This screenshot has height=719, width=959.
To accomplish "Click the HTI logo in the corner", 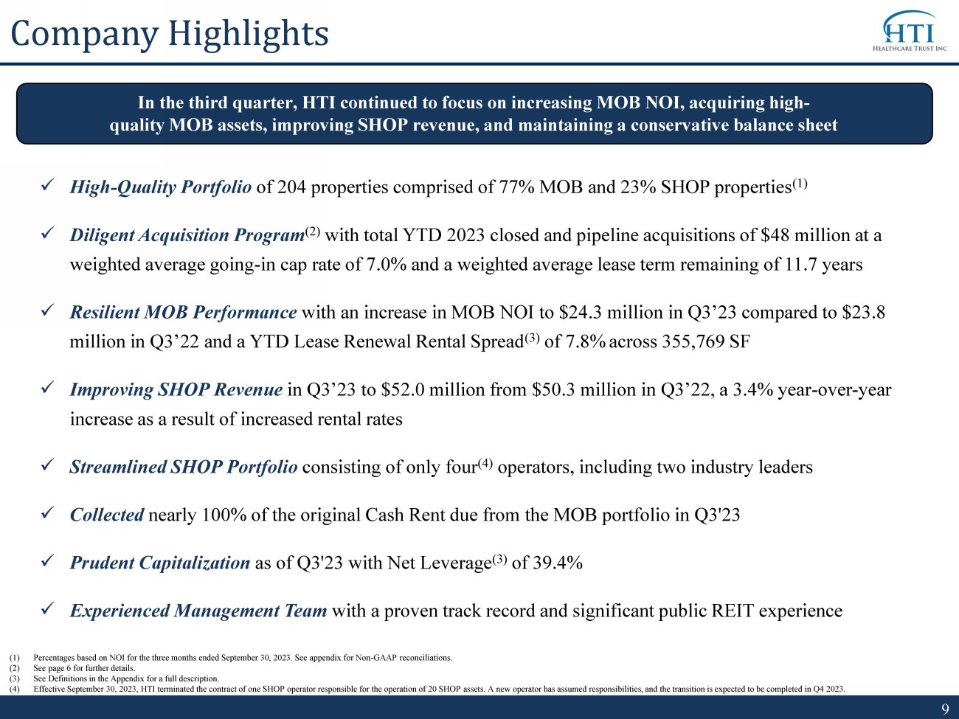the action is tap(909, 30).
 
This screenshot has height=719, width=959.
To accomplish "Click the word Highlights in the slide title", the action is tap(249, 34).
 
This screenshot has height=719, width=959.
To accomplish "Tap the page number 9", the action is tap(945, 708).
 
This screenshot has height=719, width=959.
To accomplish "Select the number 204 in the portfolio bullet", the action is tap(291, 187).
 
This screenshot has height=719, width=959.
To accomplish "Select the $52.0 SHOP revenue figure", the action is tap(402, 390).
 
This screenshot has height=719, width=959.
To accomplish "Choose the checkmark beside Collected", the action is tap(46, 513).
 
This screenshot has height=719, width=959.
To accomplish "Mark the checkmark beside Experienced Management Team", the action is tap(46, 608).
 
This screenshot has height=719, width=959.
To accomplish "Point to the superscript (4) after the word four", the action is tap(485, 463).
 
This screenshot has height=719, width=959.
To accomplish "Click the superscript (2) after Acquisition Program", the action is tap(313, 231).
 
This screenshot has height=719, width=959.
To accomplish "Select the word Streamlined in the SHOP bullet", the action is tap(118, 467).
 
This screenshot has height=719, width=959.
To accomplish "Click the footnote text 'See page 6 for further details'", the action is tap(84, 668).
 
